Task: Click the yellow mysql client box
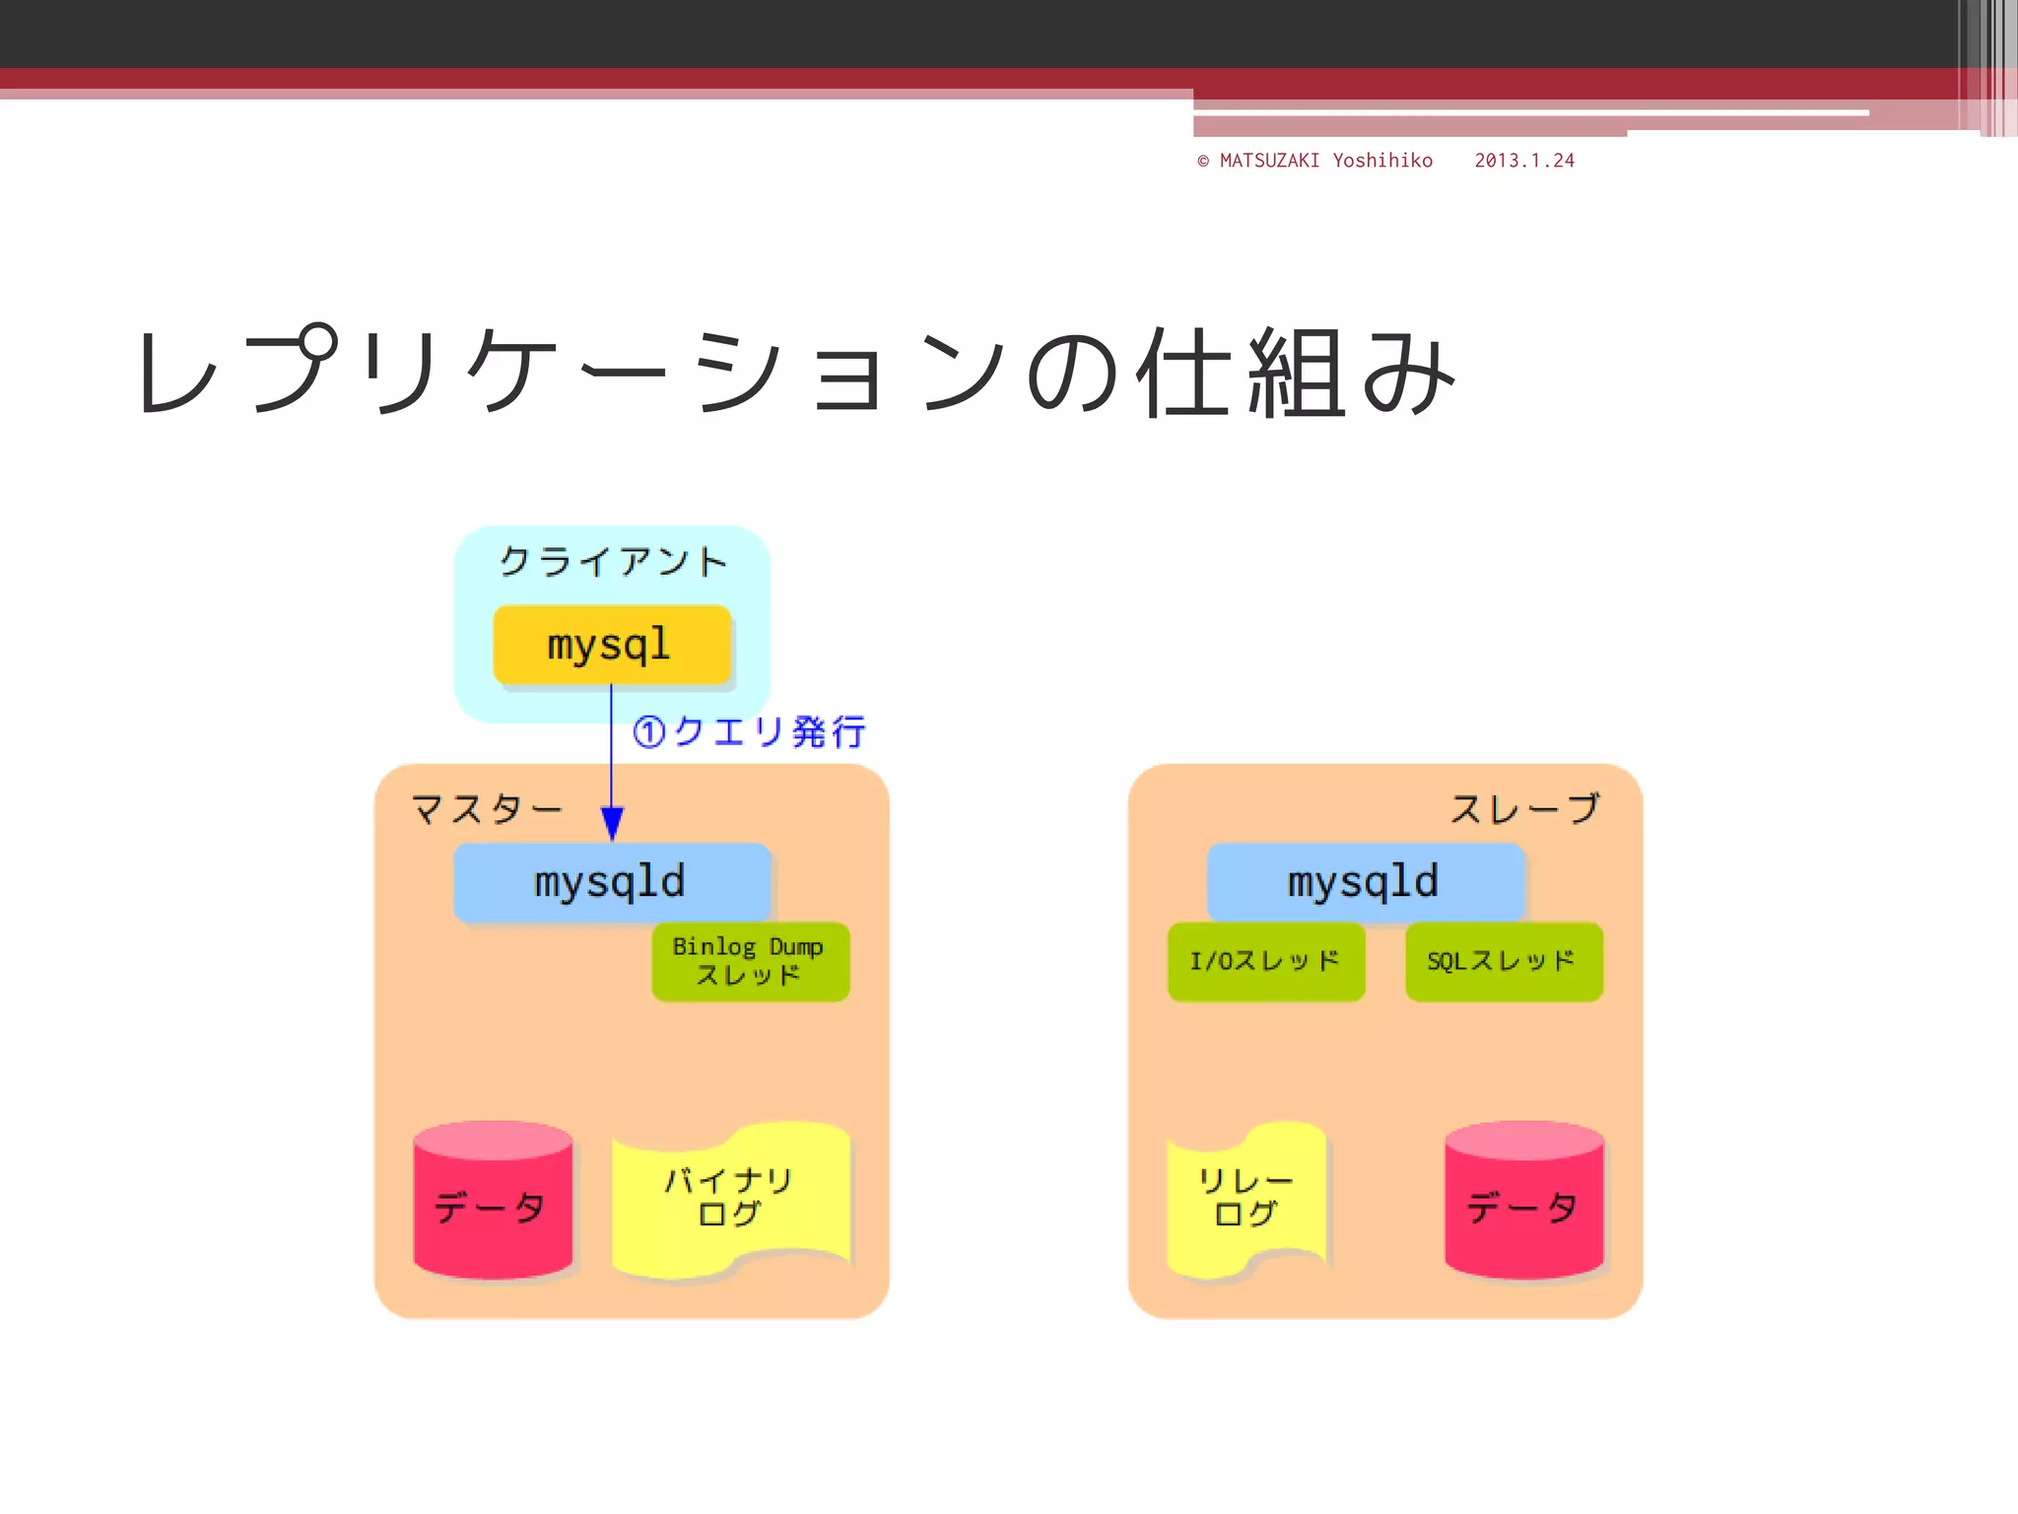[x=611, y=645]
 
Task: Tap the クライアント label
[x=613, y=562]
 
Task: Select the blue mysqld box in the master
[x=611, y=881]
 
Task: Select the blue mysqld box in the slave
[x=1365, y=881]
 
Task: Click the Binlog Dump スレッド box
[x=750, y=961]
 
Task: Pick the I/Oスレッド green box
[x=1265, y=961]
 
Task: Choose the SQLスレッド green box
[x=1503, y=961]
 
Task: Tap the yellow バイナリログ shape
[x=730, y=1198]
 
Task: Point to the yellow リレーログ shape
[x=1245, y=1198]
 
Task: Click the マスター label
[x=487, y=809]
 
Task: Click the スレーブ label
[x=1524, y=809]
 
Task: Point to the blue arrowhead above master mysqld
[x=612, y=823]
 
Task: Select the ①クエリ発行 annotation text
[x=749, y=732]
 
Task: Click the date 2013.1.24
[x=1524, y=161]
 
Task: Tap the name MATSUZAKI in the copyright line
[x=1269, y=161]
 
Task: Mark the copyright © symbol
[x=1203, y=161]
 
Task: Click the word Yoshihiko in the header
[x=1382, y=161]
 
